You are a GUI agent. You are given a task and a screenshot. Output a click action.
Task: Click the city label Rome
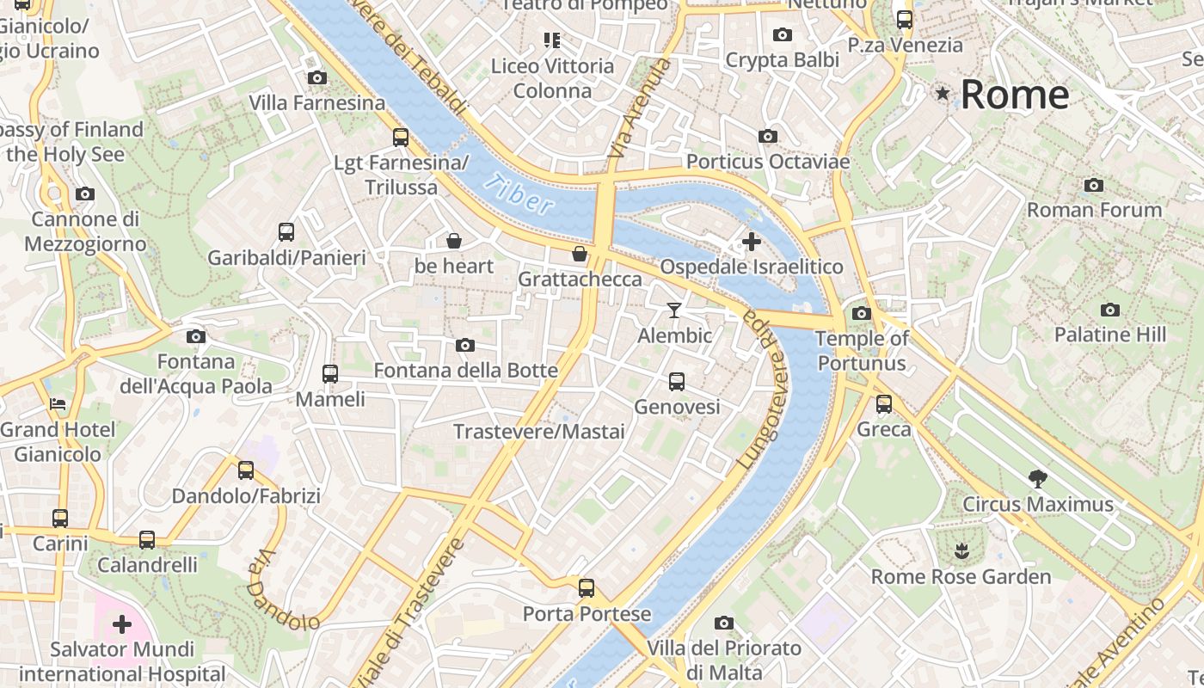point(1015,95)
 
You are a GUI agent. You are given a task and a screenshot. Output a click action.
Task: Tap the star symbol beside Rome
point(943,93)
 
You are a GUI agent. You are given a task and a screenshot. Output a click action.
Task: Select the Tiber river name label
point(519,194)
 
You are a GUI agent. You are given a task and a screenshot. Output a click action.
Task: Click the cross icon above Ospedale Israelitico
point(751,242)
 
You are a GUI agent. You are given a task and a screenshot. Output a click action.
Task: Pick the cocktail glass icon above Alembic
point(674,310)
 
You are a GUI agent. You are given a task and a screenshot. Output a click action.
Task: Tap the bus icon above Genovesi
point(677,381)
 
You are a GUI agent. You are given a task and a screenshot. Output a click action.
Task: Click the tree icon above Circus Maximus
point(1038,479)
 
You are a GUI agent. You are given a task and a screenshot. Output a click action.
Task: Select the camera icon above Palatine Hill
point(1110,310)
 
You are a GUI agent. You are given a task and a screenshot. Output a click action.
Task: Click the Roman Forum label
point(1094,210)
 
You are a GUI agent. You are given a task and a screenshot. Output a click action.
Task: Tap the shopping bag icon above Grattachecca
point(580,254)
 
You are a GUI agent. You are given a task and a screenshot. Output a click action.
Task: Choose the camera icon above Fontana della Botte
point(465,346)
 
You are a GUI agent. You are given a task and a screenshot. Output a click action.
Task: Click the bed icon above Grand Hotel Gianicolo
point(58,403)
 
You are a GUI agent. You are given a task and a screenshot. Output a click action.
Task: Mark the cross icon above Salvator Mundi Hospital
point(122,623)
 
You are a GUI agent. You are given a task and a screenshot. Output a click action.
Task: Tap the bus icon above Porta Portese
point(587,588)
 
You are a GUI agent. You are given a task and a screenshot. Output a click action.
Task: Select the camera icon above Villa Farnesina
point(316,78)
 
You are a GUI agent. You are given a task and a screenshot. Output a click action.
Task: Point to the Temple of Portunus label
point(862,351)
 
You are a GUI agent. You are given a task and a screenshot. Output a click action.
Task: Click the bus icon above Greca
point(884,403)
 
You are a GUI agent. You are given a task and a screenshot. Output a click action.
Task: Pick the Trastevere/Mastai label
point(539,432)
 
